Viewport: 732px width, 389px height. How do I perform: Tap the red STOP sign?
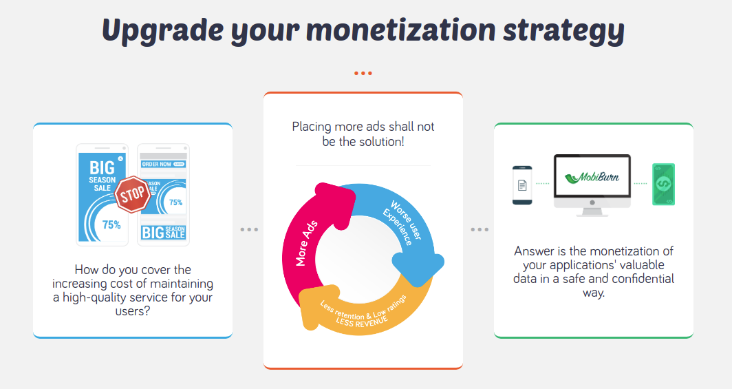click(133, 194)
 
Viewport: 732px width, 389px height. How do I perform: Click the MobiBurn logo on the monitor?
click(592, 178)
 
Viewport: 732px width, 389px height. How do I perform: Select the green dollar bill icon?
click(663, 184)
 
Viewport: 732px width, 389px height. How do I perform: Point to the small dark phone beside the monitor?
click(522, 185)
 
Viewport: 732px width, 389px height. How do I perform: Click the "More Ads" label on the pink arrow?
click(306, 243)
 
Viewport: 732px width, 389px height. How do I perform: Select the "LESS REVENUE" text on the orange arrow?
click(362, 322)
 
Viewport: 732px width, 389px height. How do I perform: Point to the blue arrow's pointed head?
click(418, 269)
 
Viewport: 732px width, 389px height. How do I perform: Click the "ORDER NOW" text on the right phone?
click(156, 165)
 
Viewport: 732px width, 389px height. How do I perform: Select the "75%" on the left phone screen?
click(111, 225)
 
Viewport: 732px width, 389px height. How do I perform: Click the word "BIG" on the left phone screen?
click(102, 167)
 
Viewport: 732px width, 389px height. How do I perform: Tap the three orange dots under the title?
click(363, 73)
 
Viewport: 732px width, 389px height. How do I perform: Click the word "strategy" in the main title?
click(563, 30)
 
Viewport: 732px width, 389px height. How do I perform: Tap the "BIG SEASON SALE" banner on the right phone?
click(164, 232)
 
